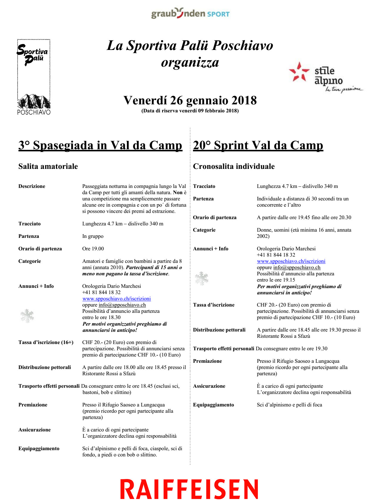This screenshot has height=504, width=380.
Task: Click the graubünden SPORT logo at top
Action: pyautogui.click(x=190, y=13)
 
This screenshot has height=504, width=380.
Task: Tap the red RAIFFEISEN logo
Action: pyautogui.click(x=189, y=489)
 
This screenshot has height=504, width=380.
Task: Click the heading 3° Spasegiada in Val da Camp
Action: pyautogui.click(x=100, y=145)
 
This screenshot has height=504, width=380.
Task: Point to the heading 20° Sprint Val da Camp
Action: pyautogui.click(x=258, y=145)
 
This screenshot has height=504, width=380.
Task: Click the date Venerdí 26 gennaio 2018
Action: pyautogui.click(x=190, y=101)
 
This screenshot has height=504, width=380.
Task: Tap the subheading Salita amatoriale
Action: pyautogui.click(x=48, y=166)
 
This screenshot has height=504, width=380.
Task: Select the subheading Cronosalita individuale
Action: pyautogui.click(x=234, y=166)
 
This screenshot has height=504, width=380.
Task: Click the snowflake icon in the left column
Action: pyautogui.click(x=27, y=316)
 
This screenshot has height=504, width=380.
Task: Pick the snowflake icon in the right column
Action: pyautogui.click(x=202, y=278)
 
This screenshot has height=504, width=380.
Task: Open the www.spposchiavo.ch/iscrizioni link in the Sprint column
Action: pyautogui.click(x=291, y=261)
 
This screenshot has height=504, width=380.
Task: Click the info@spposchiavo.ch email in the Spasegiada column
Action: pyautogui.click(x=122, y=305)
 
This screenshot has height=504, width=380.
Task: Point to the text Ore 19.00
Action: pyautogui.click(x=93, y=249)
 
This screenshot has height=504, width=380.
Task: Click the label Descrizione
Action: pyautogui.click(x=32, y=186)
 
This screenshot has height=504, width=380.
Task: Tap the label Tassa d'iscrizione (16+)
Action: pyautogui.click(x=46, y=342)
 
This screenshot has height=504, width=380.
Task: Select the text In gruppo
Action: pyautogui.click(x=93, y=236)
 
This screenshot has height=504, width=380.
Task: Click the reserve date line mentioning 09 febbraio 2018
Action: pyautogui.click(x=190, y=111)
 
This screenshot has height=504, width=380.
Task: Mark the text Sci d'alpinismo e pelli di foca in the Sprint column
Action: pyautogui.click(x=289, y=405)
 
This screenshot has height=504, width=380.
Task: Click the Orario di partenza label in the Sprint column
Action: pyautogui.click(x=215, y=217)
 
